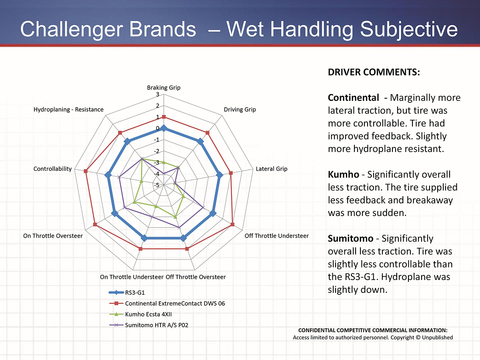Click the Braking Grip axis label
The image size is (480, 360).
click(x=164, y=88)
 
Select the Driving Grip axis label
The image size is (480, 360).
click(x=240, y=109)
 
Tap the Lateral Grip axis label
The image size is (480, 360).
click(x=272, y=169)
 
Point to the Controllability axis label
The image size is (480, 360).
click(x=53, y=169)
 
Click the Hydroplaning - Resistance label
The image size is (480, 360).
click(x=68, y=109)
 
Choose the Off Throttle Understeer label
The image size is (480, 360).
click(x=276, y=236)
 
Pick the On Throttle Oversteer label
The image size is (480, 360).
click(x=53, y=236)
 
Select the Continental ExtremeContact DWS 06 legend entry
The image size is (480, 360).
click(x=175, y=303)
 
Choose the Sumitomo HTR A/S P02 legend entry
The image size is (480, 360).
click(x=156, y=325)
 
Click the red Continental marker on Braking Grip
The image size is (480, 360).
click(x=164, y=117)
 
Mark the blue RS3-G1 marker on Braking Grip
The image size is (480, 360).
click(x=164, y=128)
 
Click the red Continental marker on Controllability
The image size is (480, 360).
click(x=86, y=171)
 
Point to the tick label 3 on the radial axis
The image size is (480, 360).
click(x=158, y=95)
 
